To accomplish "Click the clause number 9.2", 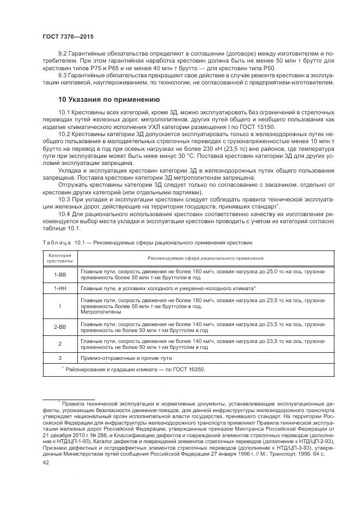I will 62,53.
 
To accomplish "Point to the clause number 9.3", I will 62,75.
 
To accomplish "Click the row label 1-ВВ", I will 59,274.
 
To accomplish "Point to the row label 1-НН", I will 59,288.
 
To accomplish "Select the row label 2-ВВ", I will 59,327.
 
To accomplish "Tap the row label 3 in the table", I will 59,358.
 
